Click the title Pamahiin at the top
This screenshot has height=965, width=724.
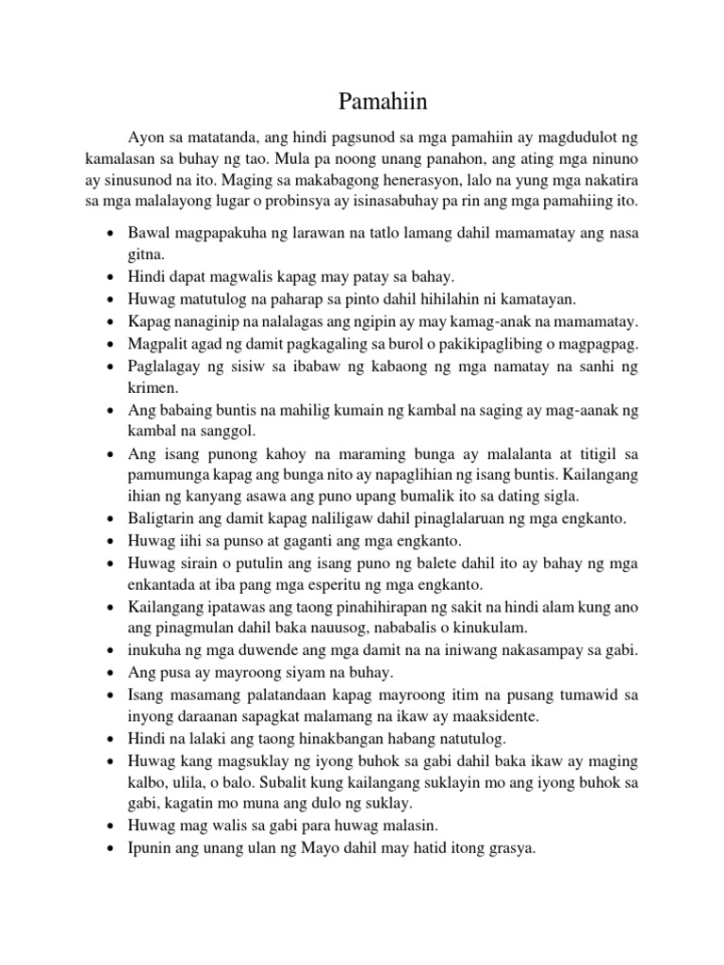click(x=361, y=101)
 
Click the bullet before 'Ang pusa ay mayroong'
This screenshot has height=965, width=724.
click(x=112, y=674)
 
